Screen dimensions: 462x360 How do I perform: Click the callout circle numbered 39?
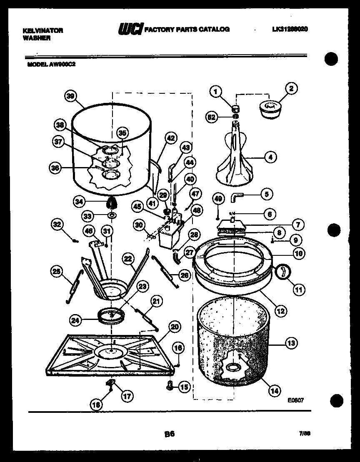pos(70,96)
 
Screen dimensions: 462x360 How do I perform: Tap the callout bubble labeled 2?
pos(291,88)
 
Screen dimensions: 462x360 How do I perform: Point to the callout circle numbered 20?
pos(175,327)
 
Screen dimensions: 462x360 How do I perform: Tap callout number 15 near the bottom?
pos(184,387)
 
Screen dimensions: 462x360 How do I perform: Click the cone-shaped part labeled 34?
pos(112,203)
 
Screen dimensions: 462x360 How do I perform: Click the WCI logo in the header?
pos(130,29)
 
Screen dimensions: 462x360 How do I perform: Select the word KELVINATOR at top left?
pos(42,30)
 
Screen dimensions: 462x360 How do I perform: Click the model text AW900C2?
pos(62,65)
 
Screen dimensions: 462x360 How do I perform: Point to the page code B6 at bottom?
pos(169,434)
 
